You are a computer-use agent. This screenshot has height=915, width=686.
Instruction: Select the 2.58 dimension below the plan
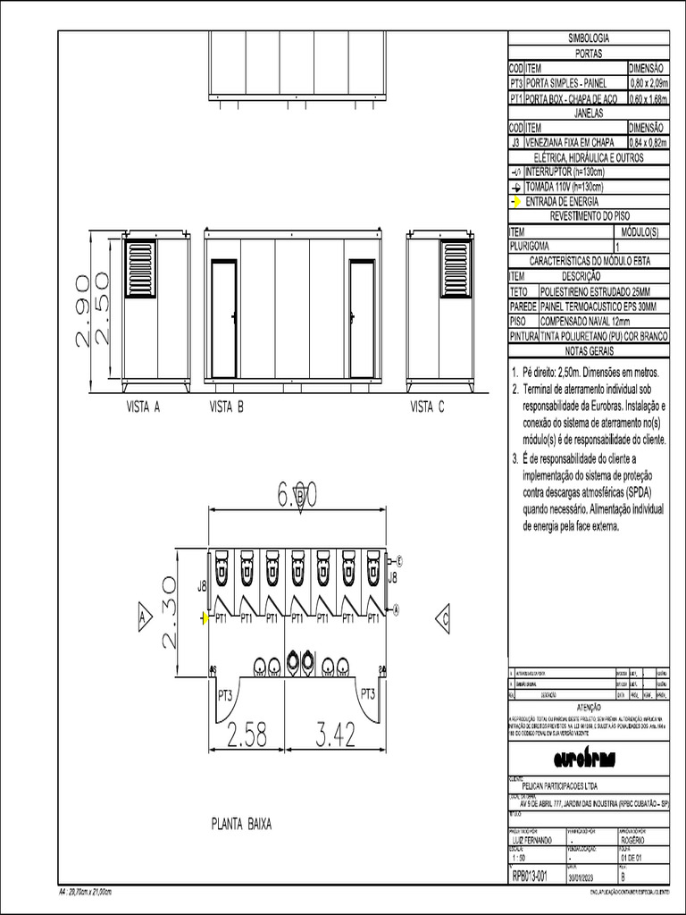pyautogui.click(x=247, y=735)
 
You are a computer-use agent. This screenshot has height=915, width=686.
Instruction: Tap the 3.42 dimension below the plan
pyautogui.click(x=336, y=735)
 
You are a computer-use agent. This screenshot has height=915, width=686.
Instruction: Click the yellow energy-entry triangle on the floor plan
pyautogui.click(x=205, y=617)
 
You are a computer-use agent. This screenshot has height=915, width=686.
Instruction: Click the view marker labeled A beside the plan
pyautogui.click(x=142, y=617)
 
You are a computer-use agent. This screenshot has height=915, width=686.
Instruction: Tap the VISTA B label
pyautogui.click(x=226, y=407)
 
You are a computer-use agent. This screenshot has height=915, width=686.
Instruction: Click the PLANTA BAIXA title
pyautogui.click(x=241, y=823)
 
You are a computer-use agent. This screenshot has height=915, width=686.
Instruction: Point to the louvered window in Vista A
pyautogui.click(x=140, y=268)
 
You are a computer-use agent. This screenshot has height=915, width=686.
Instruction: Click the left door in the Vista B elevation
pyautogui.click(x=223, y=319)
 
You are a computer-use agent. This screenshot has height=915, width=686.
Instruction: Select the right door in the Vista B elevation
pyautogui.click(x=362, y=319)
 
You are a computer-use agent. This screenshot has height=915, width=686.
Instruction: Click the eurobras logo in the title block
pyautogui.click(x=589, y=759)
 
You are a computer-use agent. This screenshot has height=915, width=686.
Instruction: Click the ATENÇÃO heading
pyautogui.click(x=589, y=706)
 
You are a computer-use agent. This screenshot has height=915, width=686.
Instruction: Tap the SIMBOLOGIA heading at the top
pyautogui.click(x=589, y=38)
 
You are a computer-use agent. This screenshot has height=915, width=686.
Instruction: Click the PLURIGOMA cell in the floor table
pyautogui.click(x=530, y=246)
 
